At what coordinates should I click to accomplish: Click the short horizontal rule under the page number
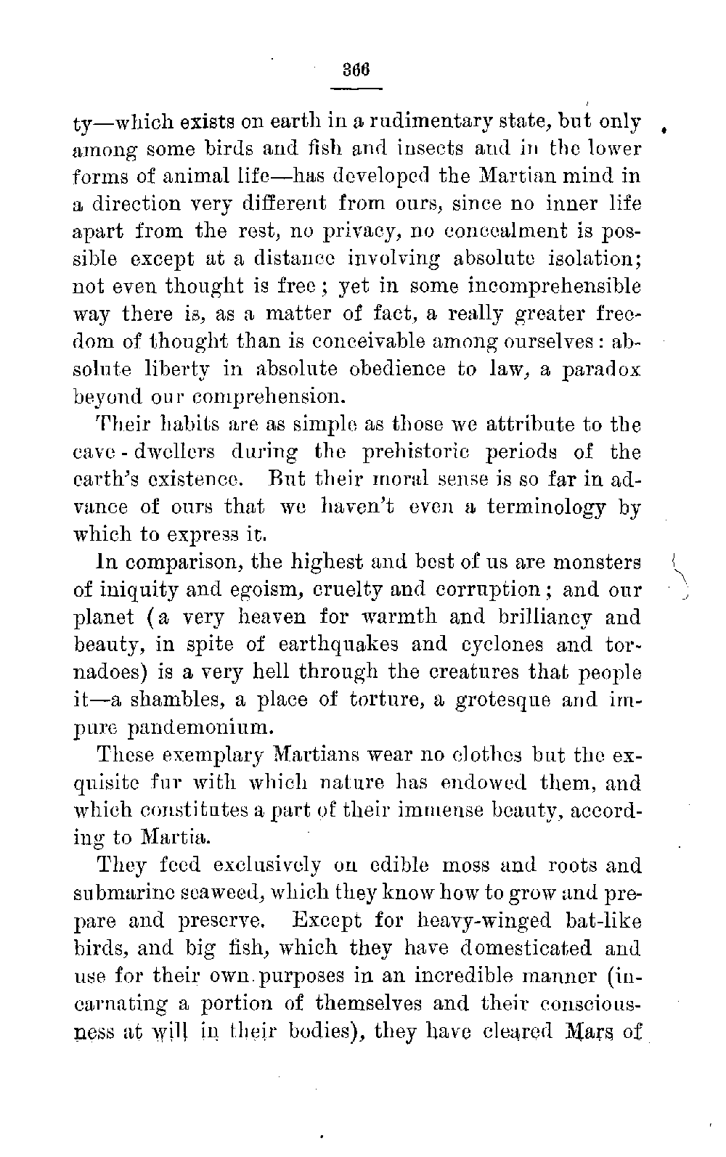pyautogui.click(x=356, y=89)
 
